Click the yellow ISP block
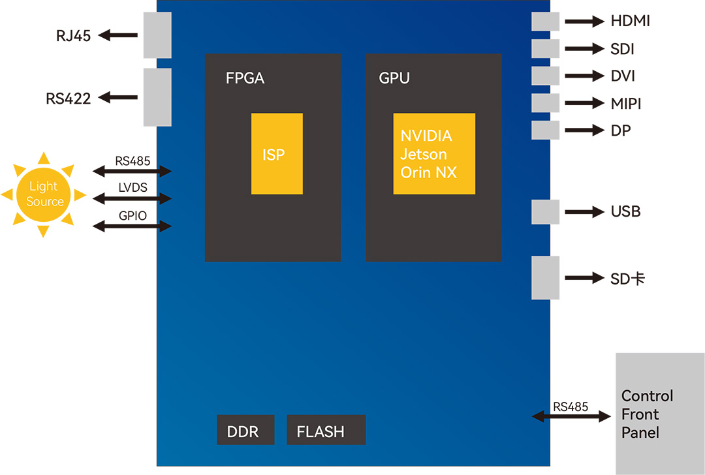pyautogui.click(x=277, y=154)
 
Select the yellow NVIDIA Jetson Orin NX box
pyautogui.click(x=434, y=154)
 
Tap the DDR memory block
pyautogui.click(x=245, y=430)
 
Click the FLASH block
pyautogui.click(x=326, y=430)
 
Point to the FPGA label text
pyautogui.click(x=245, y=79)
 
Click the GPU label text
pyautogui.click(x=394, y=79)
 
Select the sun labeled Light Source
pyautogui.click(x=44, y=194)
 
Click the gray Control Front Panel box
pyautogui.click(x=660, y=414)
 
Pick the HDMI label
pyautogui.click(x=630, y=22)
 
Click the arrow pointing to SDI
pyautogui.click(x=584, y=49)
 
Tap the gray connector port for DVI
pyautogui.click(x=546, y=76)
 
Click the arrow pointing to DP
pyautogui.click(x=584, y=130)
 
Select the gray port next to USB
pyautogui.click(x=546, y=212)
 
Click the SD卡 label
pyautogui.click(x=628, y=279)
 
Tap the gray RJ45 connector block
pyautogui.click(x=157, y=35)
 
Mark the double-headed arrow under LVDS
pyautogui.click(x=132, y=198)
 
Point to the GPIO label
pyautogui.click(x=133, y=216)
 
